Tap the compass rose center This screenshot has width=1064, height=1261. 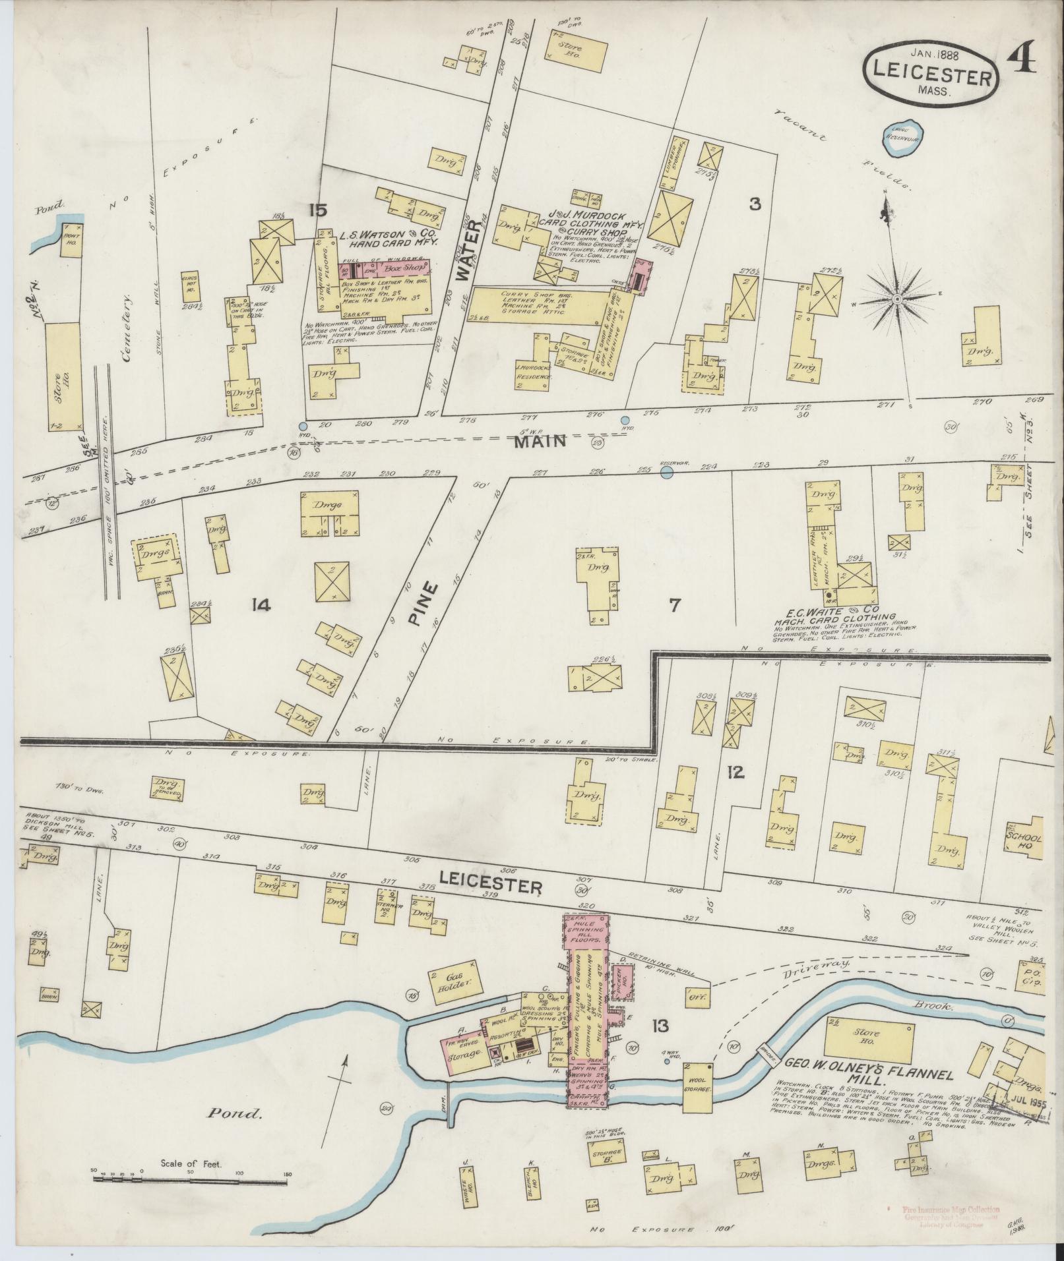point(897,300)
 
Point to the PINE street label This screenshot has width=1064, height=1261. point(426,602)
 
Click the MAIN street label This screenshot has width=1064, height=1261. point(540,440)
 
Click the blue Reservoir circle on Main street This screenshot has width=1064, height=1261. point(666,472)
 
